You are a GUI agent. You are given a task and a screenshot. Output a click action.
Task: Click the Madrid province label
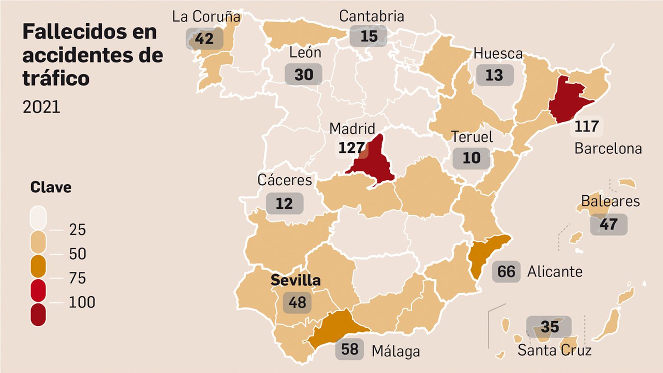coord(352,128)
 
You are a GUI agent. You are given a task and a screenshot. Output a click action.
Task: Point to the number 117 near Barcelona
coord(586,126)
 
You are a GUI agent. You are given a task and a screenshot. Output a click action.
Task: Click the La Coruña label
coord(206,17)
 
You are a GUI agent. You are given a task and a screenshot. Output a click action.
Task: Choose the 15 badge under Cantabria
coord(368,36)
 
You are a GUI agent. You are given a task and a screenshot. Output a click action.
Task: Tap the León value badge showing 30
coord(303,75)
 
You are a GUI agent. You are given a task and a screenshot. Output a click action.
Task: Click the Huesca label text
coord(498,53)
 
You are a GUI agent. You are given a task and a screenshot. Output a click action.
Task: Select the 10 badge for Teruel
coord(471,158)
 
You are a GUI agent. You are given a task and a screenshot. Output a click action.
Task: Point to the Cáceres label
coord(284,180)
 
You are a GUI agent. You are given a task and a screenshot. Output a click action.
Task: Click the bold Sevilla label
coord(295,280)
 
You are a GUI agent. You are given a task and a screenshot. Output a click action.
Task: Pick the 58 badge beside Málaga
coord(349,349)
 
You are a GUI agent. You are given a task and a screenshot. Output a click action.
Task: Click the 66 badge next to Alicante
coord(506,272)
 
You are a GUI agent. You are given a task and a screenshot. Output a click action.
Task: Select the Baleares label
coord(610,201)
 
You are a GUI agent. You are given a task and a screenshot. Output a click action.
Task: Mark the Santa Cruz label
coord(554,350)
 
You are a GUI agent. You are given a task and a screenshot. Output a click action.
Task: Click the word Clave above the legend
coord(51,187)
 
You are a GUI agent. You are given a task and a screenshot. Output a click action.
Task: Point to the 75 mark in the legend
coord(77,278)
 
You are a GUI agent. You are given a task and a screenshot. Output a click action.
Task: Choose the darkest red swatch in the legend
coord(38,315)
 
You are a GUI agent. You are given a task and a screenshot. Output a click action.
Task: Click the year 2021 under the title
coord(41,107)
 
